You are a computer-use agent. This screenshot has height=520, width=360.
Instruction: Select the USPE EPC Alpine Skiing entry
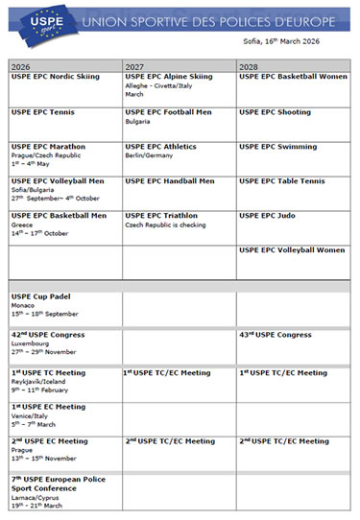(169, 77)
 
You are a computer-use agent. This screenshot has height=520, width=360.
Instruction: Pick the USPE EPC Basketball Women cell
(293, 77)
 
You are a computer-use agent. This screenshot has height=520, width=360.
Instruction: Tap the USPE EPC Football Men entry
(169, 112)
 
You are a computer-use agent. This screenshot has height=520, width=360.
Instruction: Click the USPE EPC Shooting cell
(275, 112)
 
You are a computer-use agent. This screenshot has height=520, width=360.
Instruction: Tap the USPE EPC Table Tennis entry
(282, 181)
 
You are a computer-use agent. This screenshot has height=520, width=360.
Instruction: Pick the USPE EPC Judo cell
(268, 216)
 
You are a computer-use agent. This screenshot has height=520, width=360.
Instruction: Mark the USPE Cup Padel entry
(47, 297)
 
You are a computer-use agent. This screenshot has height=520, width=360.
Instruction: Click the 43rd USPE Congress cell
(276, 335)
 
